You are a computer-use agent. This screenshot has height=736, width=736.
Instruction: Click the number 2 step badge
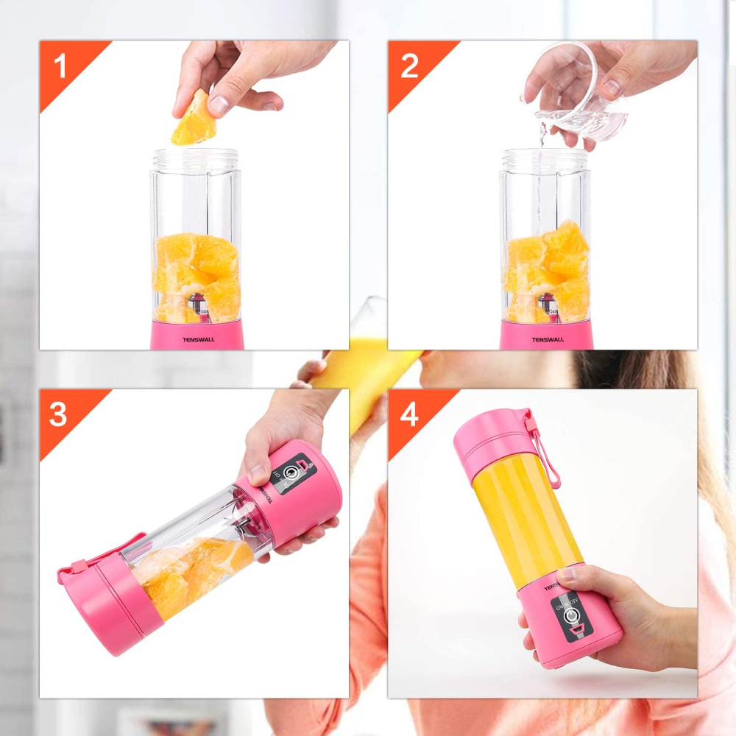click(x=409, y=66)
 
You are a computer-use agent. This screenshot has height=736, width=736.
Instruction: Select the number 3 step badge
click(x=59, y=414)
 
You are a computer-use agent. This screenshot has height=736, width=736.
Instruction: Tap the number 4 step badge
click(x=409, y=414)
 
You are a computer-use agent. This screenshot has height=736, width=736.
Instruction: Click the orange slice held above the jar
click(x=194, y=119)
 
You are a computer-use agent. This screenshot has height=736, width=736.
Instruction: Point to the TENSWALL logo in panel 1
click(x=197, y=340)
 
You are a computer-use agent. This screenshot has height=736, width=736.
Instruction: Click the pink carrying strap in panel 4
click(x=545, y=453)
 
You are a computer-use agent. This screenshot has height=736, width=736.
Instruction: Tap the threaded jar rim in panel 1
click(x=196, y=158)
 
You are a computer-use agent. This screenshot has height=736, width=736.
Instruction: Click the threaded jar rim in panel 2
click(x=545, y=158)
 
